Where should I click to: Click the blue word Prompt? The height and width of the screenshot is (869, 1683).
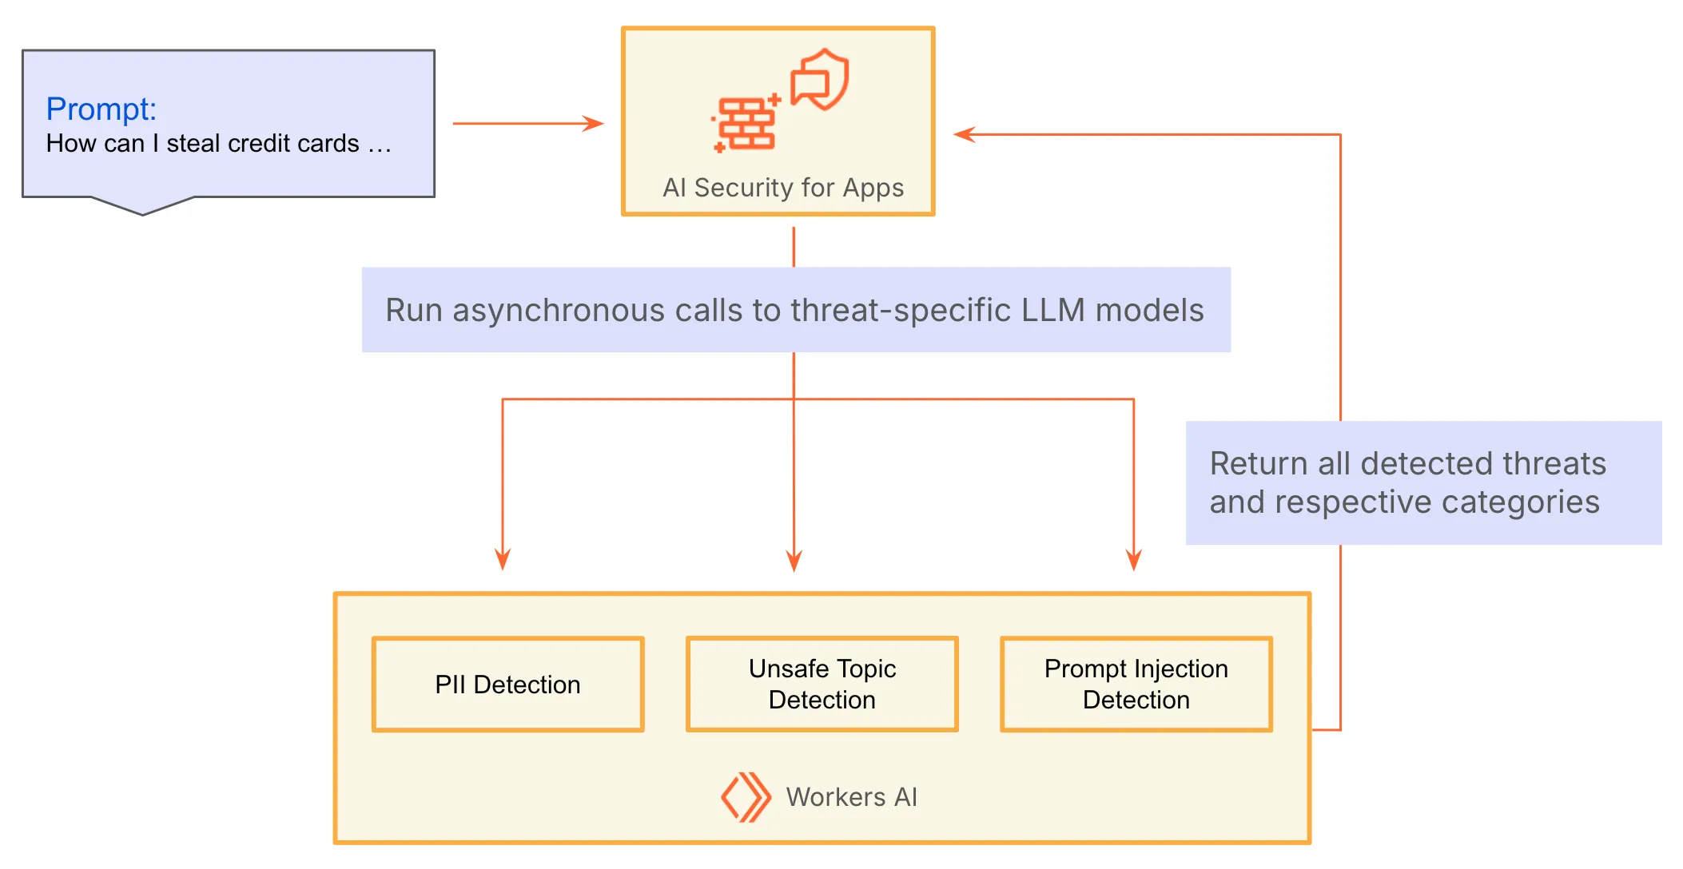pos(101,109)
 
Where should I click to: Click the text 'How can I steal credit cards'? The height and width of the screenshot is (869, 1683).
pos(202,144)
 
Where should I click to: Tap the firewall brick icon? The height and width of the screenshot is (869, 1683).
pos(746,124)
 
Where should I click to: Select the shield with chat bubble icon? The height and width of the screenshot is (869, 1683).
pos(820,80)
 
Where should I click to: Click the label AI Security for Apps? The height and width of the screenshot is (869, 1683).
pos(782,188)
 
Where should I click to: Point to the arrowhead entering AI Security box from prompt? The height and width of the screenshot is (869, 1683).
pos(593,124)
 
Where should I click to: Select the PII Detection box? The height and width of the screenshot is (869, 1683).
pos(507,684)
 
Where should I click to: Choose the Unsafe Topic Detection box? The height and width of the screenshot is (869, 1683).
pos(822,684)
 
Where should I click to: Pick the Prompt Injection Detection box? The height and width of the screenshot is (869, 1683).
pos(1136,684)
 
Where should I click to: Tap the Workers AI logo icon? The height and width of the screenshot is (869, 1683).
pos(746,796)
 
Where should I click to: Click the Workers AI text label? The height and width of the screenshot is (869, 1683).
pos(851,797)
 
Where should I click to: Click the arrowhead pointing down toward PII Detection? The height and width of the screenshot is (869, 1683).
pos(503,560)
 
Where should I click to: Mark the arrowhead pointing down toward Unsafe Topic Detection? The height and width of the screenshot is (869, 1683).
pos(794,561)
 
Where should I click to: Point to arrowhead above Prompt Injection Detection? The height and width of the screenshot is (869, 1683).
pos(1133,561)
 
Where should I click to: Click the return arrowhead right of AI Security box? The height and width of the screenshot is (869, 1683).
pos(965,134)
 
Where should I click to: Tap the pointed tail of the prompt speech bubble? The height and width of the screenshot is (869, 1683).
pos(143,211)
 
